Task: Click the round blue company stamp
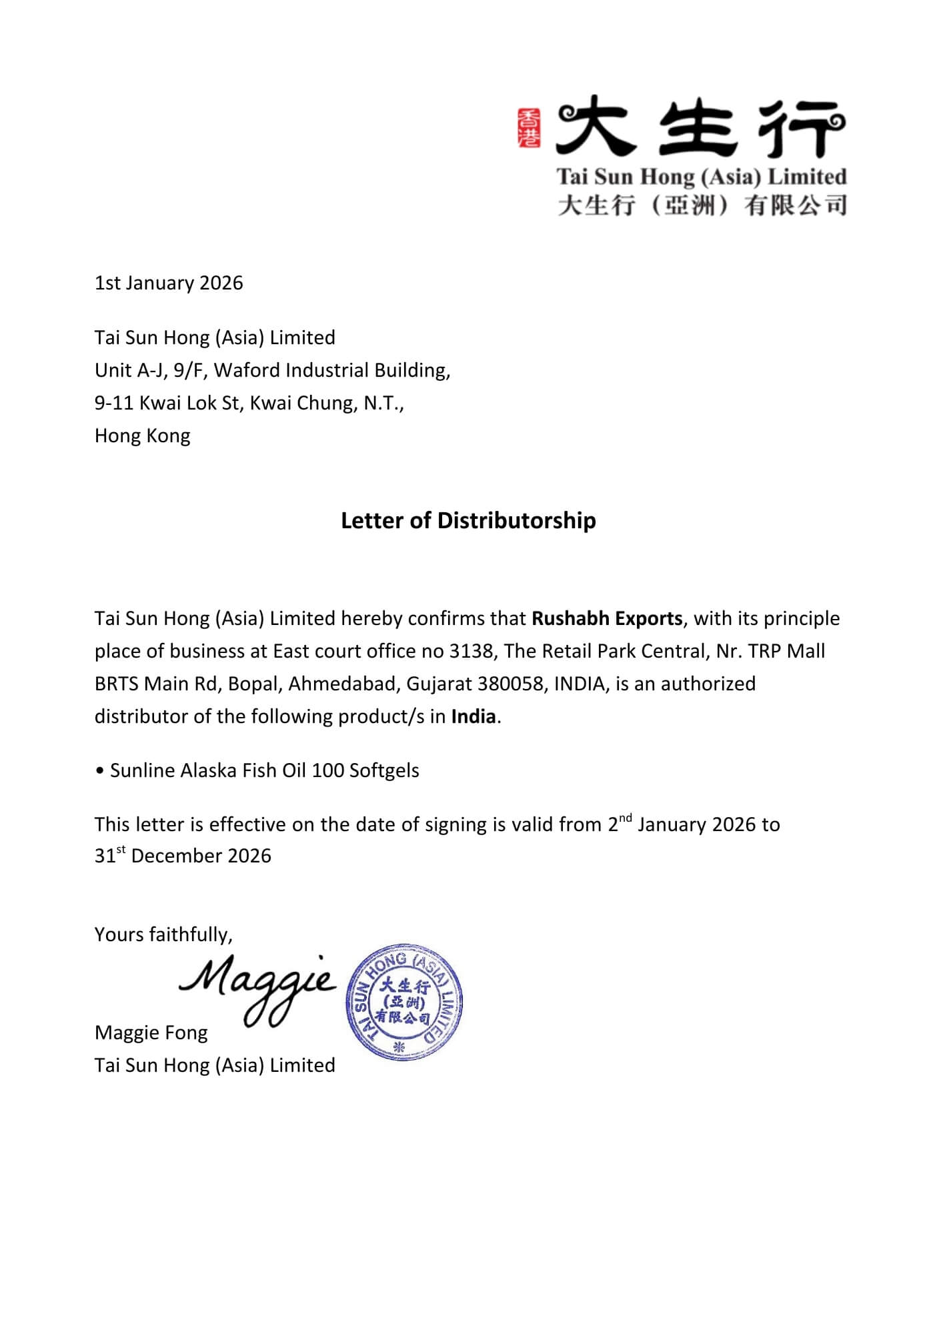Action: [404, 1003]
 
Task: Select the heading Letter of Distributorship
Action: [468, 520]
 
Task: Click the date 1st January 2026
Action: [169, 283]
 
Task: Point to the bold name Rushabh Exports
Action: [607, 618]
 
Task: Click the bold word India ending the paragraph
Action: [474, 716]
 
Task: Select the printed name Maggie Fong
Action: [151, 1033]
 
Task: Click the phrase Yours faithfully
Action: [163, 934]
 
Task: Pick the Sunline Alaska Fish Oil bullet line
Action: [264, 770]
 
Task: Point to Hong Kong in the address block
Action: [142, 436]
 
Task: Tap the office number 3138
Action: [471, 651]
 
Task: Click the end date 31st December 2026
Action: [183, 856]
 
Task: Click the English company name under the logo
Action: [702, 177]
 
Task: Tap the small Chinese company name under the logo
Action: [702, 205]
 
